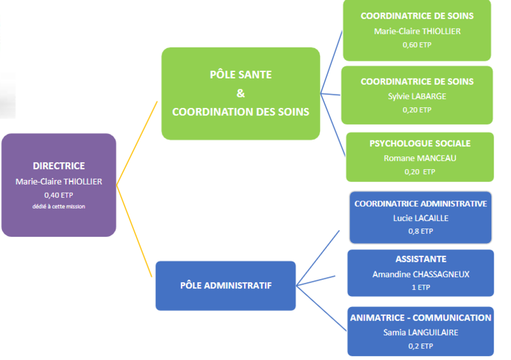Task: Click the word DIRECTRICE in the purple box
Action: point(59,166)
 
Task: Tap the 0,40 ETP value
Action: point(59,195)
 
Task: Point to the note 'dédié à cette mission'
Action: point(59,207)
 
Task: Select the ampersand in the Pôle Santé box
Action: point(241,93)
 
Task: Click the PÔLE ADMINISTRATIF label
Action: point(226,285)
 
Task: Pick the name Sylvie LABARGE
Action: point(417,96)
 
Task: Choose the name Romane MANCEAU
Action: point(420,158)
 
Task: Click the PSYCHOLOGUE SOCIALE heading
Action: point(420,144)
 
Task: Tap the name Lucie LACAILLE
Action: point(421,218)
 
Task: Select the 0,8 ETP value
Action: point(421,231)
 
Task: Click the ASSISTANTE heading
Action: point(421,259)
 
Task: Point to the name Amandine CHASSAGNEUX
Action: point(421,274)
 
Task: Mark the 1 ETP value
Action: point(421,287)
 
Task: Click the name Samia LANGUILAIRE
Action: point(421,333)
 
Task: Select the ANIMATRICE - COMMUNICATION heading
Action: point(421,318)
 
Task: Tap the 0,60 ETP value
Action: point(417,45)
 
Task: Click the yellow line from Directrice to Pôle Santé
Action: point(137,143)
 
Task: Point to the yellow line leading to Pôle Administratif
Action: point(134,231)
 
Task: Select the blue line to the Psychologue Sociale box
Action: point(333,124)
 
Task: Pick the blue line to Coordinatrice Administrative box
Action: point(318,258)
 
